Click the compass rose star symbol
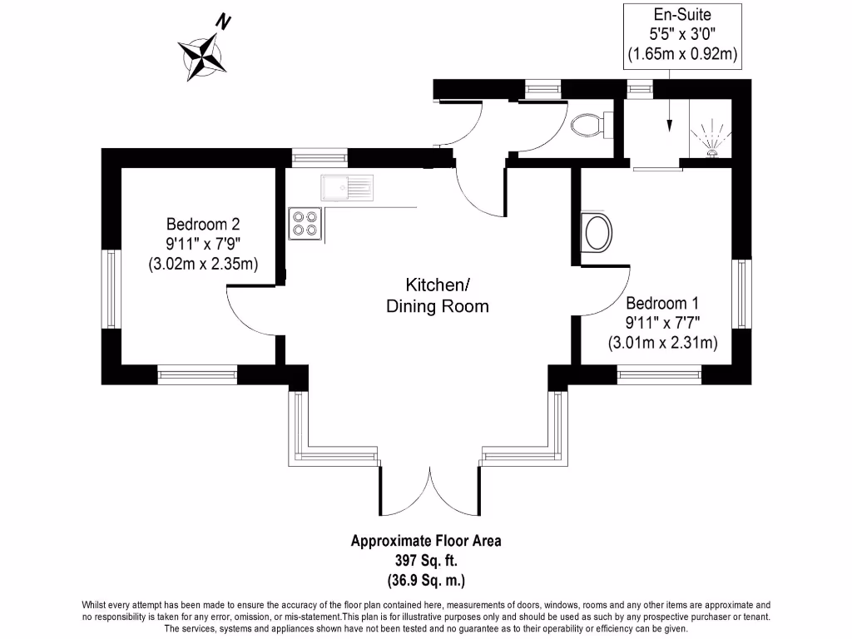202,57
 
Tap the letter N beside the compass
223,22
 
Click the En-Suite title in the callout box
682,14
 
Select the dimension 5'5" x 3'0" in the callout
682,35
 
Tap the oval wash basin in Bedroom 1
597,232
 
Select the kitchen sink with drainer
348,188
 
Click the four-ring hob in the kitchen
304,223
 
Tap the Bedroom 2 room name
203,224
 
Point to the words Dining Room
437,306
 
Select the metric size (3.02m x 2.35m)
203,265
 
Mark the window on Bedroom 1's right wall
741,294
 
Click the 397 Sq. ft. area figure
426,560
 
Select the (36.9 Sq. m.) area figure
426,579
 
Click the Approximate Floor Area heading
426,541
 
